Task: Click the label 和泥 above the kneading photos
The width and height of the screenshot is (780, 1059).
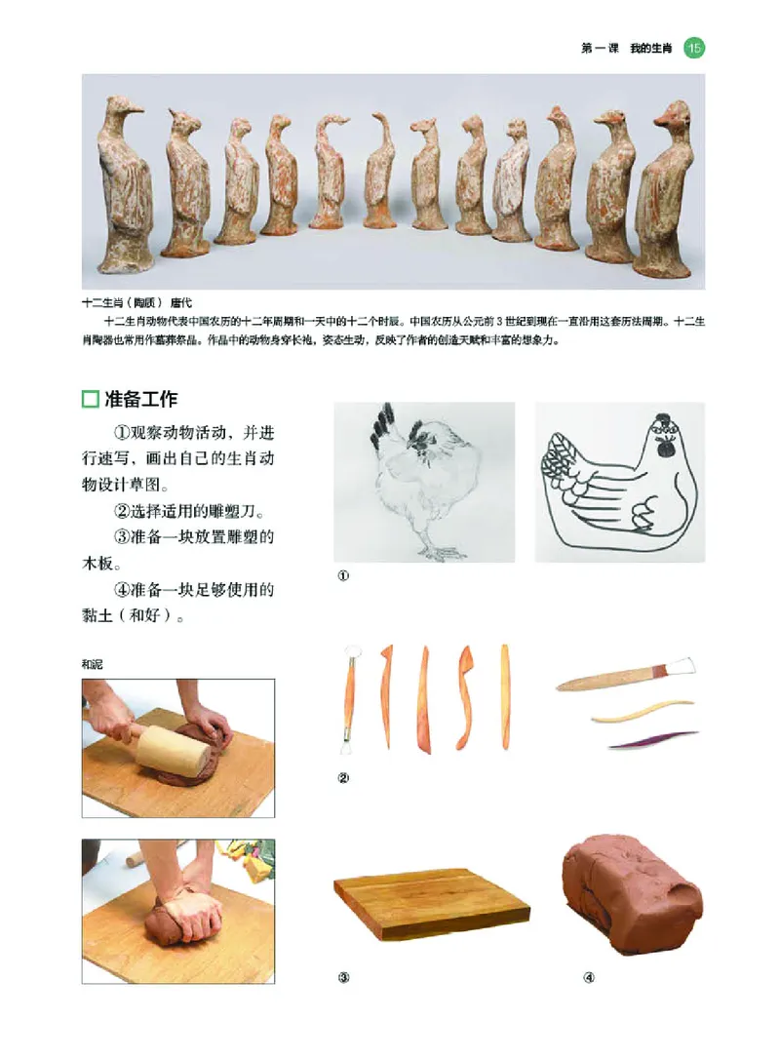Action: click(x=94, y=664)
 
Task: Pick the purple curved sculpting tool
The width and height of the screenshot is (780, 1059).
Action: click(x=653, y=740)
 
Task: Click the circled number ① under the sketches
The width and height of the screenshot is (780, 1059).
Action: click(x=342, y=575)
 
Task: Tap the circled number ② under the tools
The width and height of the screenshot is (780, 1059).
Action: click(x=342, y=777)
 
